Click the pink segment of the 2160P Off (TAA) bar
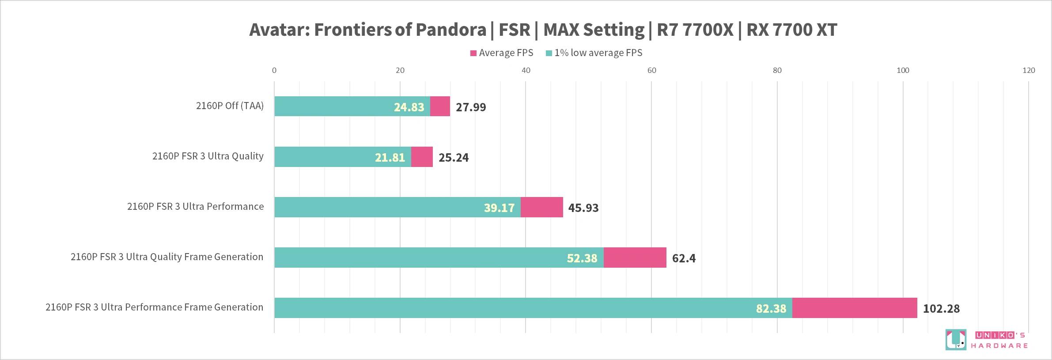pyautogui.click(x=440, y=106)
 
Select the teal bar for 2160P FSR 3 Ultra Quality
pyautogui.click(x=342, y=157)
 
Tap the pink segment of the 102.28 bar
pyautogui.click(x=855, y=308)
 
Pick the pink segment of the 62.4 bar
pyautogui.click(x=635, y=258)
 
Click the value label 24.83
pyautogui.click(x=409, y=107)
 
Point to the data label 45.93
pyautogui.click(x=583, y=208)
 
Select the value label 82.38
pyautogui.click(x=771, y=308)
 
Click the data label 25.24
pyautogui.click(x=454, y=157)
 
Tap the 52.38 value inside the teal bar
pyautogui.click(x=582, y=258)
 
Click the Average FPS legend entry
pyautogui.click(x=502, y=53)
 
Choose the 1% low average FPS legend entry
pyautogui.click(x=594, y=53)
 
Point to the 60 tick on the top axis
pyautogui.click(x=651, y=70)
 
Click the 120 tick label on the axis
pyautogui.click(x=1029, y=70)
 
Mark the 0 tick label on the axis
pyautogui.click(x=274, y=70)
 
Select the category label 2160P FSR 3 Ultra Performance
pyautogui.click(x=195, y=206)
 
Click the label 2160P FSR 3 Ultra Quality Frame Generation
pyautogui.click(x=167, y=257)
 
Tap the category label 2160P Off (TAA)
pyautogui.click(x=230, y=106)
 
